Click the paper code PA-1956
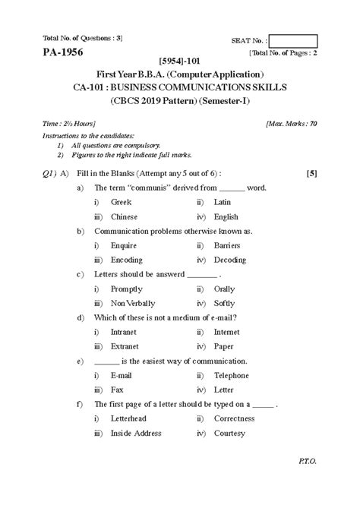(53, 52)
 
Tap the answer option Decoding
(231, 260)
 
